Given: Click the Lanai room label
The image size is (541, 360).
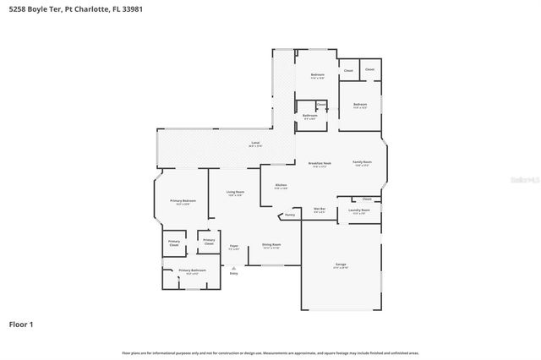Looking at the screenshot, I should [254, 143].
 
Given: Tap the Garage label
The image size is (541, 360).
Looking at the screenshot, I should [341, 265].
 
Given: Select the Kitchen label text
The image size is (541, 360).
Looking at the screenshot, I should [281, 186].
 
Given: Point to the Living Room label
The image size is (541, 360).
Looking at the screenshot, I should [236, 216].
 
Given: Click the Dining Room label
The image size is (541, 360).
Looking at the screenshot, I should [271, 246].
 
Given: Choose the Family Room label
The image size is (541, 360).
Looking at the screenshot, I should [362, 163].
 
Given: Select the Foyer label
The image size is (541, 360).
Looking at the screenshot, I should [234, 247].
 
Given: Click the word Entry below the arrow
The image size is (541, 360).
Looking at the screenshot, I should [234, 273].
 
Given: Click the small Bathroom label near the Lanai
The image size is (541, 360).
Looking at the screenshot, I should [310, 116].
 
